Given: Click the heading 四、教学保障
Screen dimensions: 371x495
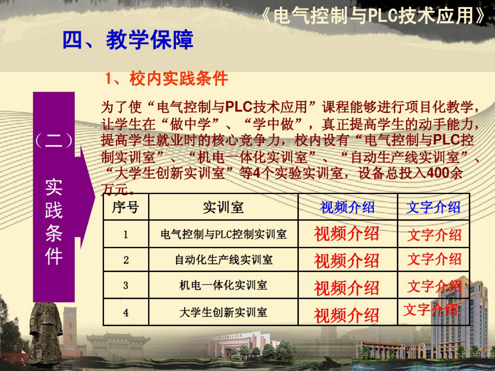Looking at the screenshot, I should (128, 40).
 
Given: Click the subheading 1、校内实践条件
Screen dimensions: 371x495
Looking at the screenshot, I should (166, 79).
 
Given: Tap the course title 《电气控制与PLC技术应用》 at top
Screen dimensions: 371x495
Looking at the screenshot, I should (373, 16).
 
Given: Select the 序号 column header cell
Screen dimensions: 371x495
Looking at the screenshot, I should (126, 208).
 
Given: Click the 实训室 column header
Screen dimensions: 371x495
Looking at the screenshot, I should (223, 208).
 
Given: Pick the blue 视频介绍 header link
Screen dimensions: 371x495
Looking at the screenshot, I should (347, 208).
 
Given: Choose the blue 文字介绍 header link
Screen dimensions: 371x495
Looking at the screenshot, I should (433, 208).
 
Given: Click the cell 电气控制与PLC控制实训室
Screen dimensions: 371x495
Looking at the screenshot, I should (223, 234).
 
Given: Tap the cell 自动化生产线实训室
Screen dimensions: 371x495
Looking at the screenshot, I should (223, 260).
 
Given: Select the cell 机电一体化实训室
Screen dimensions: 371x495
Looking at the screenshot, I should (223, 285).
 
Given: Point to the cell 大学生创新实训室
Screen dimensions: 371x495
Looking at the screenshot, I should (223, 312).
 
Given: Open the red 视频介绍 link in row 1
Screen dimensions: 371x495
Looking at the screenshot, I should (346, 234).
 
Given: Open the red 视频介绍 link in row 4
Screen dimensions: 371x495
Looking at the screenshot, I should (346, 315).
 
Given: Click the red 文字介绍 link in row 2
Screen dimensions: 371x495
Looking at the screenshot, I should (434, 259).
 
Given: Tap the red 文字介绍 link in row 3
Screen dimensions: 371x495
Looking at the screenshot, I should (434, 286).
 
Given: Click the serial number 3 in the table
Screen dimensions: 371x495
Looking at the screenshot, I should (126, 286).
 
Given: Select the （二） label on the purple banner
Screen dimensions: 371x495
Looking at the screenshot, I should (54, 140).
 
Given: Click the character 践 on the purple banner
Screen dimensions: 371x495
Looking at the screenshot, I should (54, 211).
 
